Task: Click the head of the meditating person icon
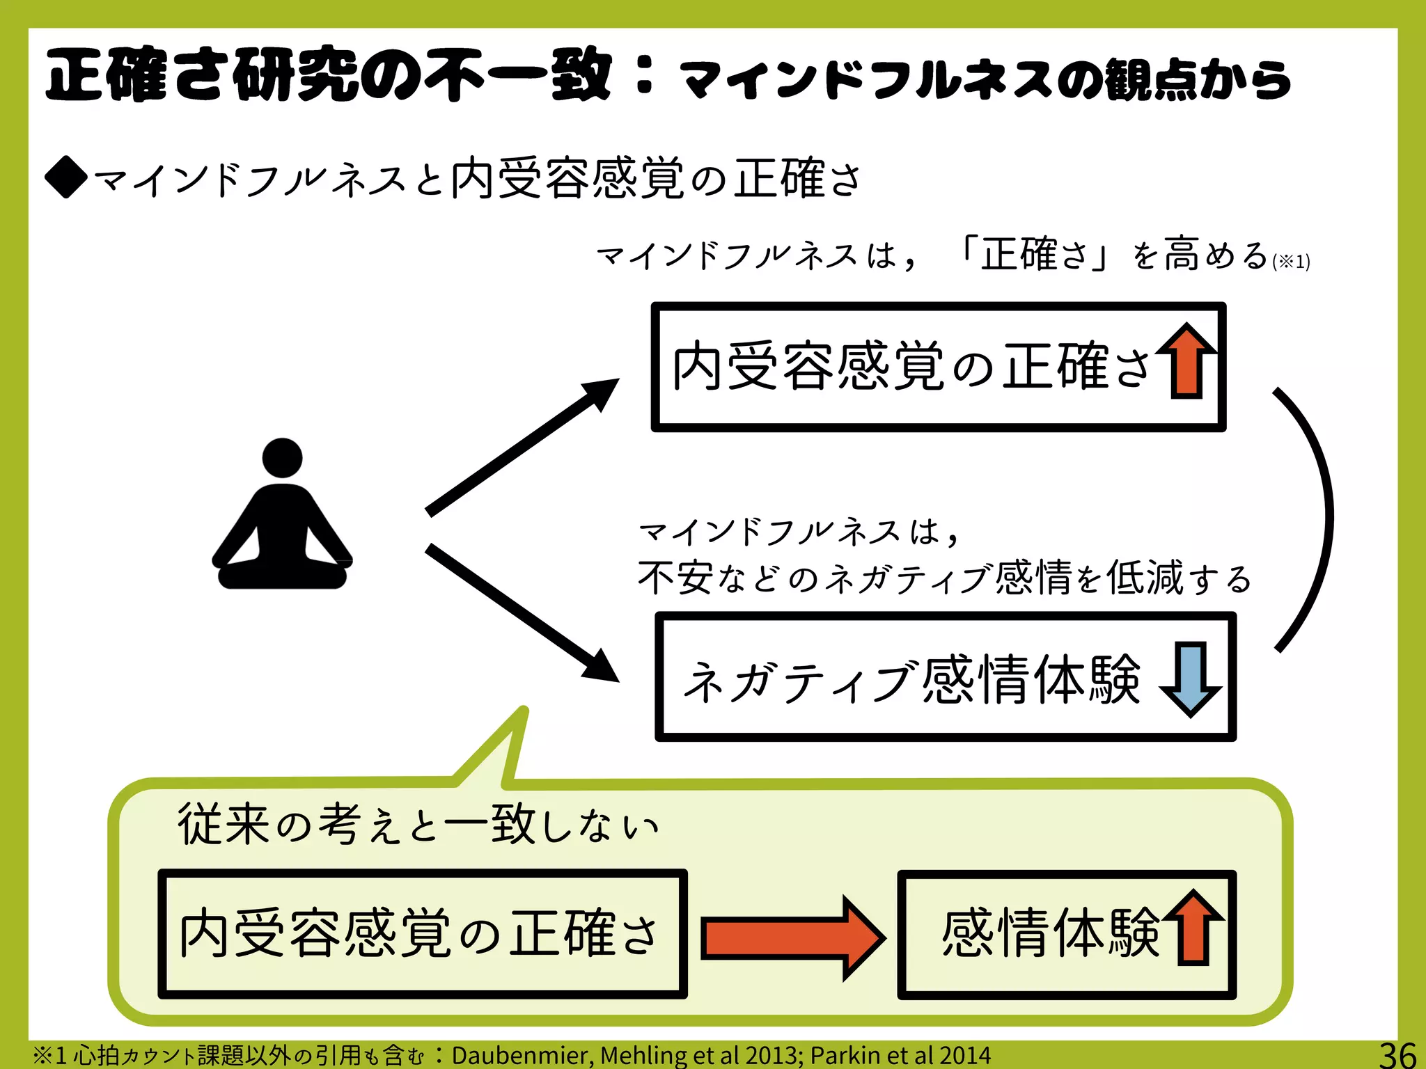282,458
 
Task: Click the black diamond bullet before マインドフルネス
65,177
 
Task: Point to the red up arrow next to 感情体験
1194,927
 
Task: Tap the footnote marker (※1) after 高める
1291,262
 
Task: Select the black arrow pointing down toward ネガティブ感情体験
522,612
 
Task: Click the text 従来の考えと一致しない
418,825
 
